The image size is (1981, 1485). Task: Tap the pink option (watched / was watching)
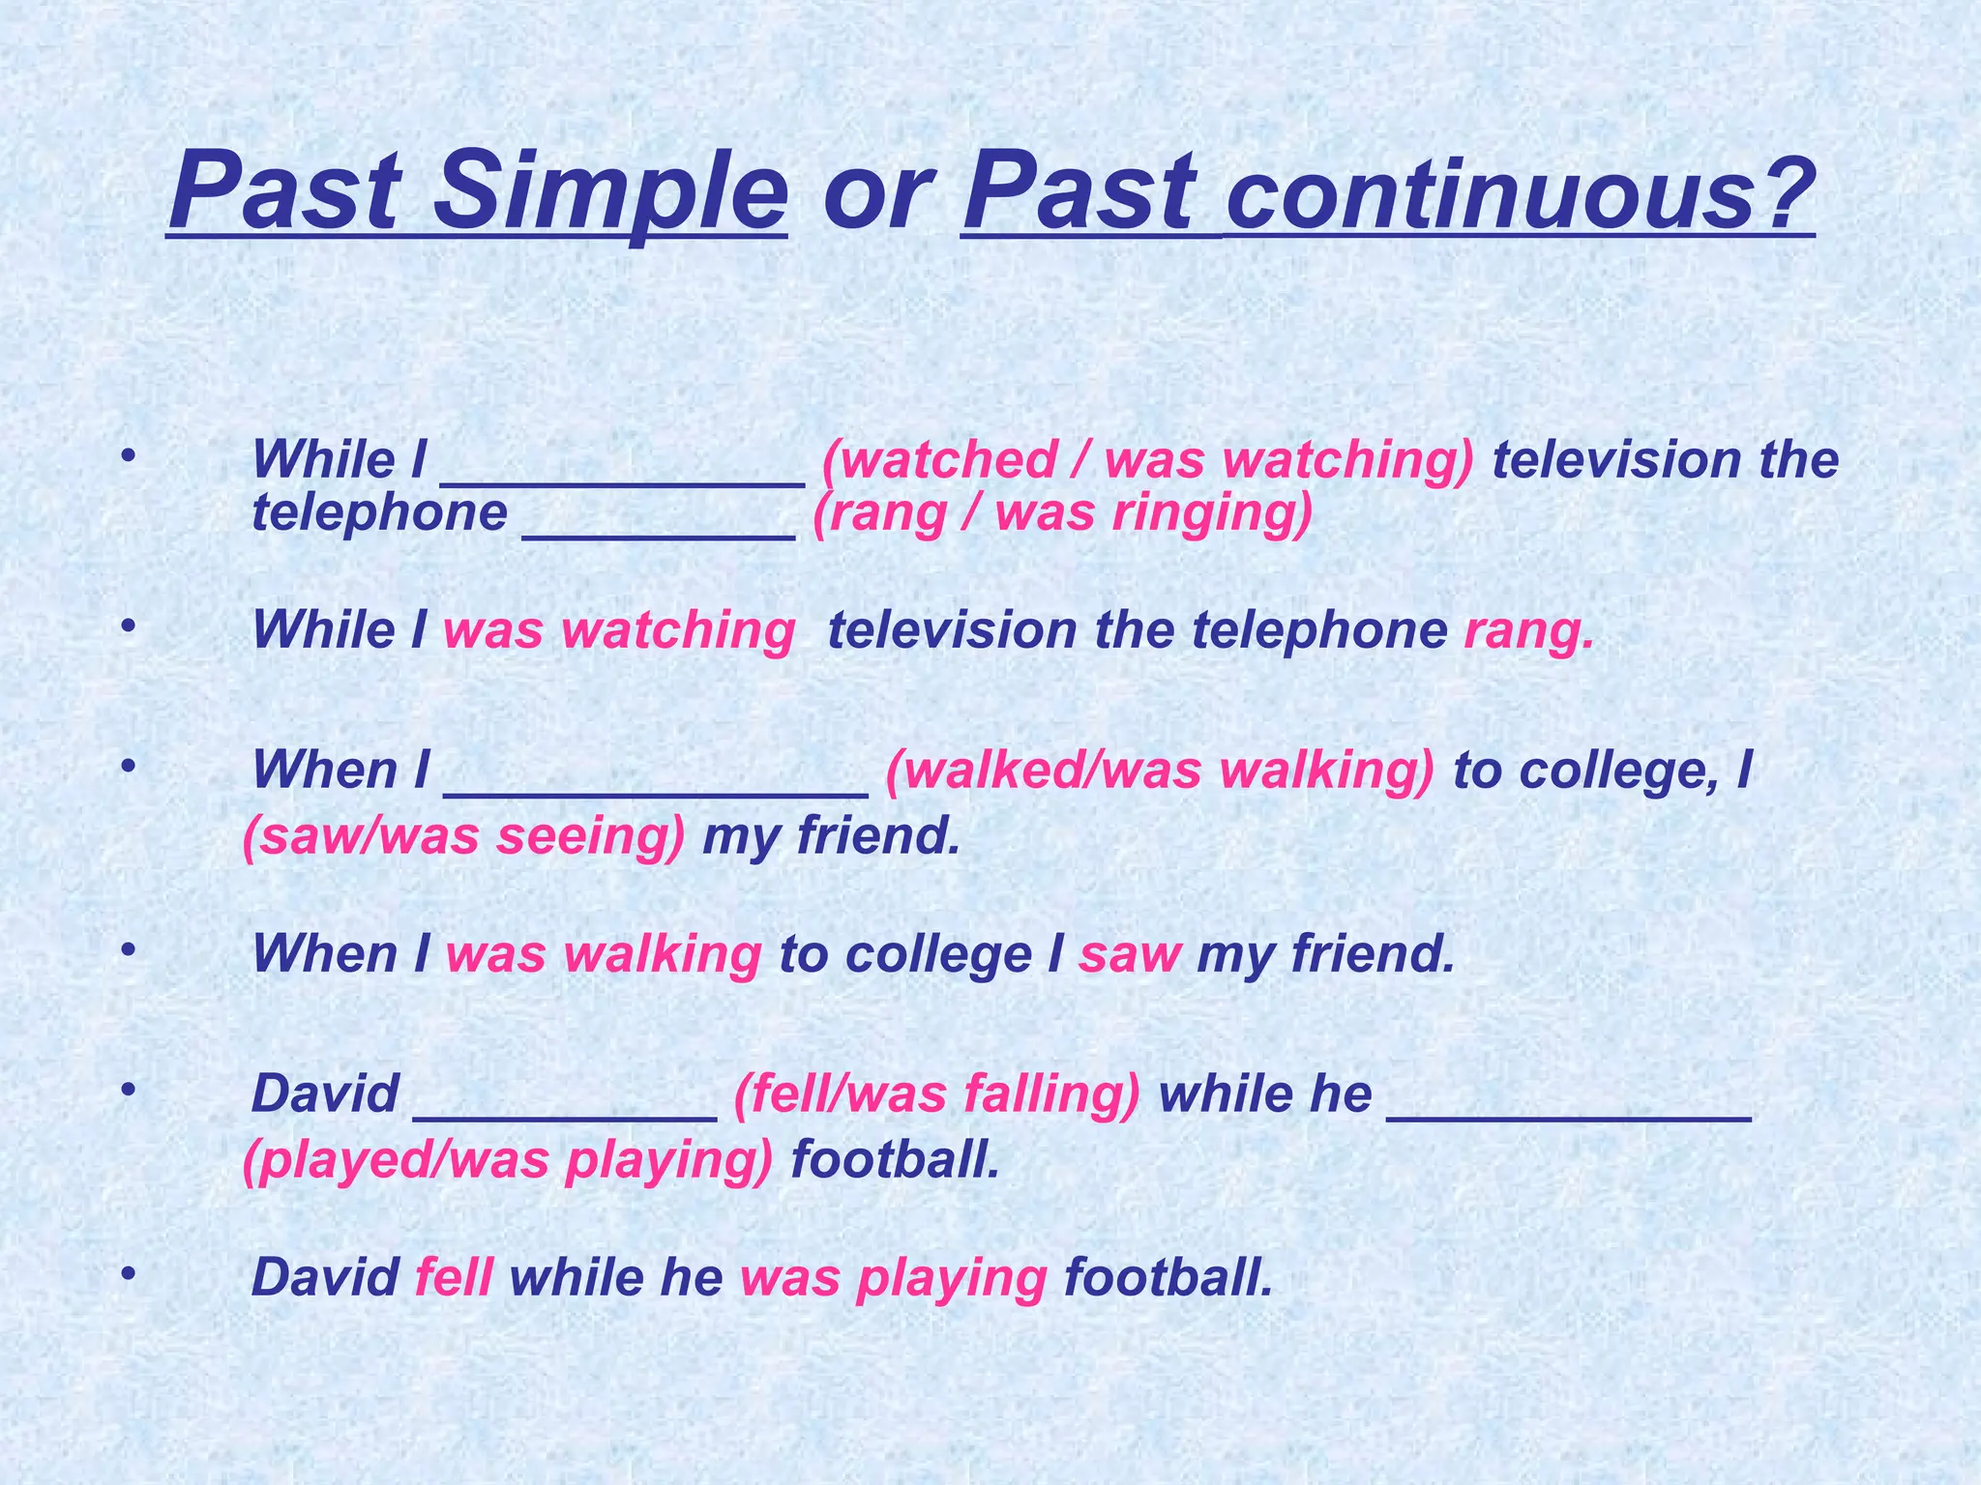click(x=1148, y=459)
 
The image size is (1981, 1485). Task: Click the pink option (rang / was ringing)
click(x=1062, y=512)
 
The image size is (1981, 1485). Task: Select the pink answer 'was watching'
click(x=619, y=631)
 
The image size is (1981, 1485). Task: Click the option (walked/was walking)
click(x=1160, y=771)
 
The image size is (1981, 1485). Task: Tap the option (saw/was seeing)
click(x=464, y=835)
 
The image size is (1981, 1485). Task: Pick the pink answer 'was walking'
click(x=604, y=954)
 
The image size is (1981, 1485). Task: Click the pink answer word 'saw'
click(x=1130, y=954)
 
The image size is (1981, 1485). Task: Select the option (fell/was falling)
click(x=937, y=1094)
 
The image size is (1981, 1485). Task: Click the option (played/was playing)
click(x=509, y=1159)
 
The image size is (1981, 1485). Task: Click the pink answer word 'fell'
click(x=454, y=1277)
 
